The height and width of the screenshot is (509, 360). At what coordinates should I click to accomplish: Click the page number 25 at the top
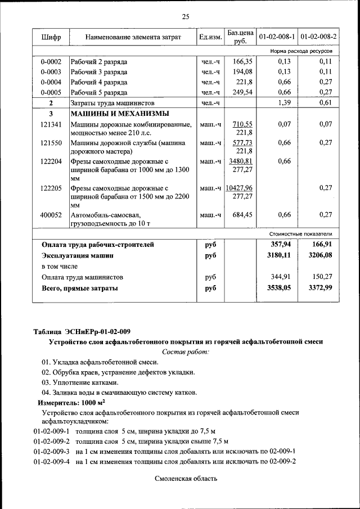click(x=186, y=16)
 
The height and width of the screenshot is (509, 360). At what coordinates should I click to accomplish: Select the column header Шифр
click(x=51, y=38)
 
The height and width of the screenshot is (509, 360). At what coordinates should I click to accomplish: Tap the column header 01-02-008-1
click(x=277, y=38)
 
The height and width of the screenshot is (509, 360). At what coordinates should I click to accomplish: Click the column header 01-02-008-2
click(x=318, y=38)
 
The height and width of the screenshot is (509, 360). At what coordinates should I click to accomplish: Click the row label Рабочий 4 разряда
click(x=98, y=82)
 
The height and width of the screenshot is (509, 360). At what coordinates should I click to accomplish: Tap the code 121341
click(x=51, y=124)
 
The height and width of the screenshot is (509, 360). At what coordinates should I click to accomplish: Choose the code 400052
click(x=51, y=215)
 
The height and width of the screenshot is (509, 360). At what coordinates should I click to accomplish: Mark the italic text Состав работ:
click(x=185, y=352)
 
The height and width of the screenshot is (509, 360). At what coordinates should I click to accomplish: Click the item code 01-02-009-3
click(x=51, y=452)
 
